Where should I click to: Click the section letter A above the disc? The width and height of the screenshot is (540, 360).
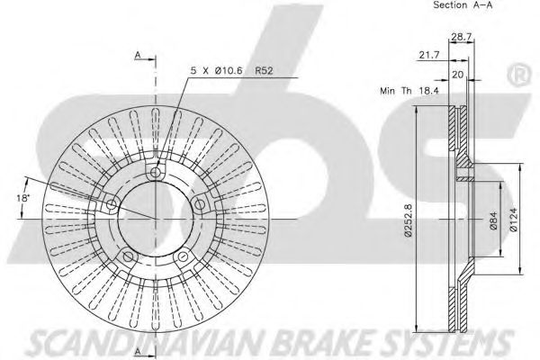pyautogui.click(x=138, y=56)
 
